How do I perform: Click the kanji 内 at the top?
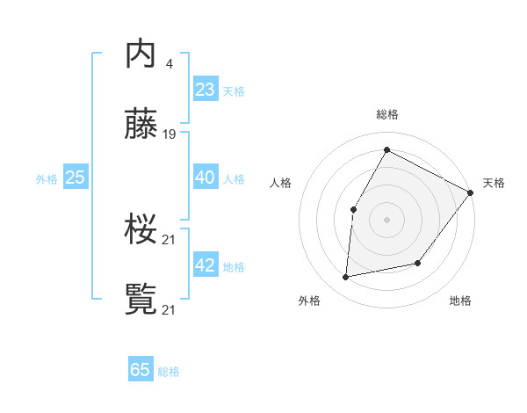coord(141,54)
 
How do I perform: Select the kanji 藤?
coord(141,125)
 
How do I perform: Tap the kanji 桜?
coord(141,230)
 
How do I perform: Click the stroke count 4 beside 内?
coord(169,63)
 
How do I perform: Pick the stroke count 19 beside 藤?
coord(170,134)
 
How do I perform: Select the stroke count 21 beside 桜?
coord(170,239)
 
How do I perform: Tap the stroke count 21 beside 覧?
coord(170,309)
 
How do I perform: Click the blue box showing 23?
coord(205,89)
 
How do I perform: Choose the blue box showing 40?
coord(205,178)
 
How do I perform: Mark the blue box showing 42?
coord(205,265)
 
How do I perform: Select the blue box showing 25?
coord(76,178)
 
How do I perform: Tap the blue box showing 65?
coord(141,370)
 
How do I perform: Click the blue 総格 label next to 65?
coord(169,372)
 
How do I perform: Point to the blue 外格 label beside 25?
coord(47,179)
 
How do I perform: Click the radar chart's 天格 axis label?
coord(494,183)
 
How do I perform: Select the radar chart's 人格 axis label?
coord(280,183)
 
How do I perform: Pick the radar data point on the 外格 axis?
coord(346,278)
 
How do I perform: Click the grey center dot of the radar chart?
coord(386,219)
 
